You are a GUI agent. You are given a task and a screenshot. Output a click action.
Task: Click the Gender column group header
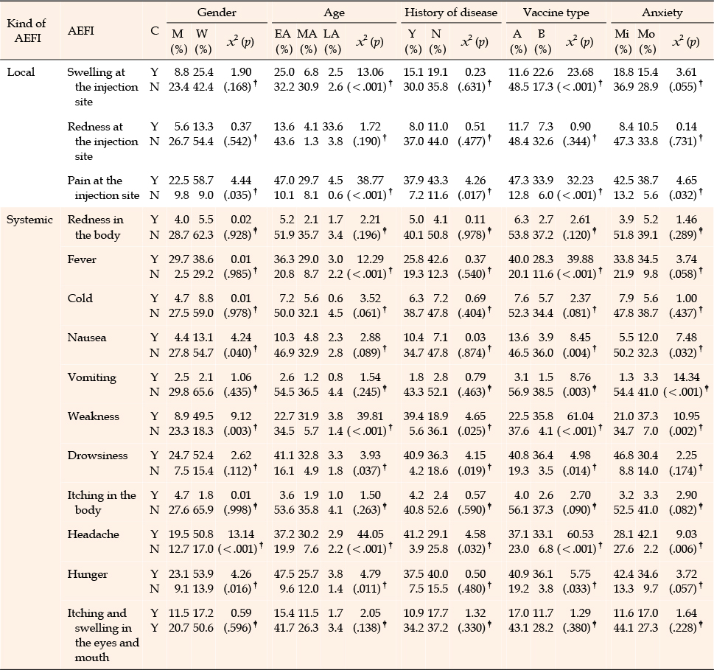pos(217,13)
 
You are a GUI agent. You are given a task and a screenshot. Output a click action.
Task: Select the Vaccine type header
pos(556,13)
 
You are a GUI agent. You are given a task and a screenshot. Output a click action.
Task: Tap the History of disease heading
pos(451,13)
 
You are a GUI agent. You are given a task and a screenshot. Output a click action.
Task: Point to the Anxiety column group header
pos(662,13)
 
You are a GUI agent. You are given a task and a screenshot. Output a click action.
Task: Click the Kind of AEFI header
pos(27,30)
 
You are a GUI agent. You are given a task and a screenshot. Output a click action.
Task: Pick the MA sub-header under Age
pos(307,34)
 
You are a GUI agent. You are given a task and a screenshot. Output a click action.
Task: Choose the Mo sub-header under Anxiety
pos(646,34)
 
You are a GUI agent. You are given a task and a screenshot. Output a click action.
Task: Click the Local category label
pos(21,72)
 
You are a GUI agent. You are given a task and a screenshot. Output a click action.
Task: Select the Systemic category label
pos(29,220)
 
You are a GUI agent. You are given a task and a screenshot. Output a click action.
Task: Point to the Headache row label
pos(94,534)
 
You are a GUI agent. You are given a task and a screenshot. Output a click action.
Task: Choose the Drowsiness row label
pos(97,456)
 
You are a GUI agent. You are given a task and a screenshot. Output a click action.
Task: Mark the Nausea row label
pos(87,338)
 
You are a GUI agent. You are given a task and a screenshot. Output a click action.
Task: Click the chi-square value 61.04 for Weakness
pos(580,416)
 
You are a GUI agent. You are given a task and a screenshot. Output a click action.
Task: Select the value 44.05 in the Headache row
pos(370,534)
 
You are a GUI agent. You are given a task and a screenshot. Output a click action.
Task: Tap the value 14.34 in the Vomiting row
pos(686,377)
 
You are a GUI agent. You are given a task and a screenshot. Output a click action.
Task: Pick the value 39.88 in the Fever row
pos(580,259)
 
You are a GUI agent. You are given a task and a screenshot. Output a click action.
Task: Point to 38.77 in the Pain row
pos(370,181)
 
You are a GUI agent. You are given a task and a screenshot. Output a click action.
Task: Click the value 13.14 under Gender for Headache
pos(241,534)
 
